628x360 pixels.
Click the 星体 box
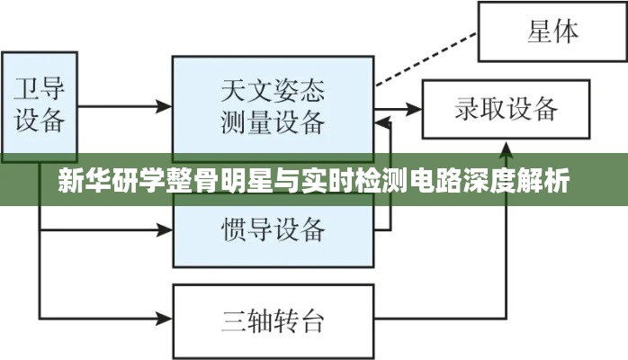click(x=552, y=31)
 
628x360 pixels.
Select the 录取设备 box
click(x=507, y=110)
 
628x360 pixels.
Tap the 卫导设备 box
click(x=40, y=106)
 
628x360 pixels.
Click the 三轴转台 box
click(x=273, y=318)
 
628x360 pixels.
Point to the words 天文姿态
click(x=273, y=91)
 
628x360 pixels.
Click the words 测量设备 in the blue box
click(x=273, y=122)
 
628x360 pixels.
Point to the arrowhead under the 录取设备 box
click(x=507, y=147)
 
